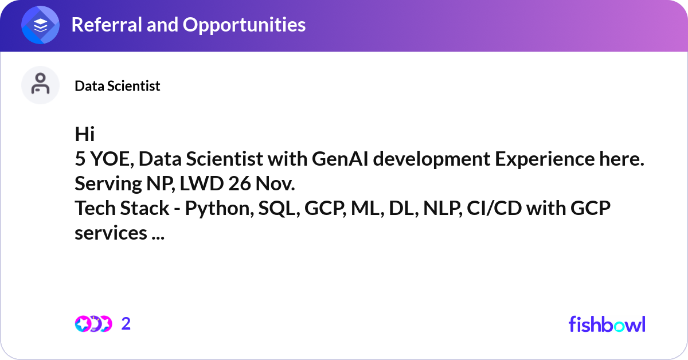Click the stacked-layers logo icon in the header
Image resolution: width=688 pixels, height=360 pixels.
pyautogui.click(x=41, y=25)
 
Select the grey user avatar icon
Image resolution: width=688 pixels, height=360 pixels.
pyautogui.click(x=40, y=85)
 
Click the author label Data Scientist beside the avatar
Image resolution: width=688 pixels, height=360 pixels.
pyautogui.click(x=118, y=86)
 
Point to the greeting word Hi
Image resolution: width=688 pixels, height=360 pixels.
pyautogui.click(x=84, y=134)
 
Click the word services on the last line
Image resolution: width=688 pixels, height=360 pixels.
pyautogui.click(x=111, y=234)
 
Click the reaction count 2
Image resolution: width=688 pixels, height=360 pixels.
pyautogui.click(x=126, y=324)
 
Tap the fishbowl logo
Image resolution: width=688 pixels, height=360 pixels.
pyautogui.click(x=607, y=324)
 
